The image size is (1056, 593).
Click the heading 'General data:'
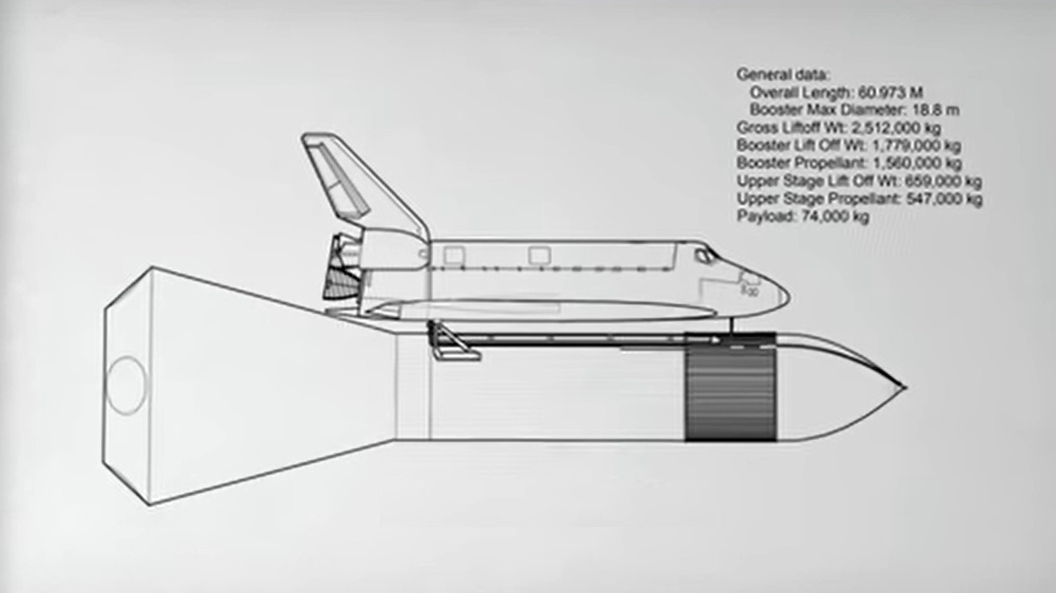[783, 75]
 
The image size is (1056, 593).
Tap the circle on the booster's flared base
[126, 385]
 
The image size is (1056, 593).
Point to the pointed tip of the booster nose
[905, 387]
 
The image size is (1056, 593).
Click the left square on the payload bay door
[453, 255]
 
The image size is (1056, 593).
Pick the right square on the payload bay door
[539, 255]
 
